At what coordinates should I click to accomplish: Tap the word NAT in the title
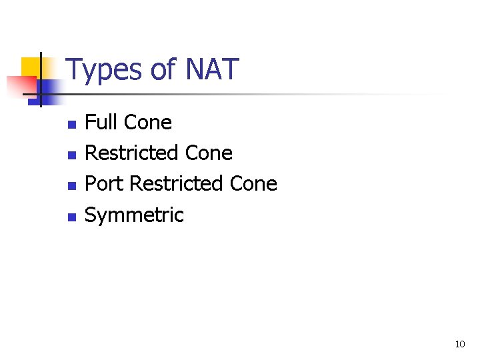[x=211, y=69]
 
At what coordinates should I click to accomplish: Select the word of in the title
[x=162, y=69]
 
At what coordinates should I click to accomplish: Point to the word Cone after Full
[x=148, y=123]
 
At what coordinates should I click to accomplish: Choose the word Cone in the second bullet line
[x=209, y=153]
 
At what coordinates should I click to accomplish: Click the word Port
[x=104, y=184]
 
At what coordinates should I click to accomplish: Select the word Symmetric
[x=134, y=215]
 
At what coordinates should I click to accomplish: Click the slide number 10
[x=459, y=344]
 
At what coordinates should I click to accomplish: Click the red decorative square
[x=20, y=86]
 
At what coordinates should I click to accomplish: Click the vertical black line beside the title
[x=40, y=80]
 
